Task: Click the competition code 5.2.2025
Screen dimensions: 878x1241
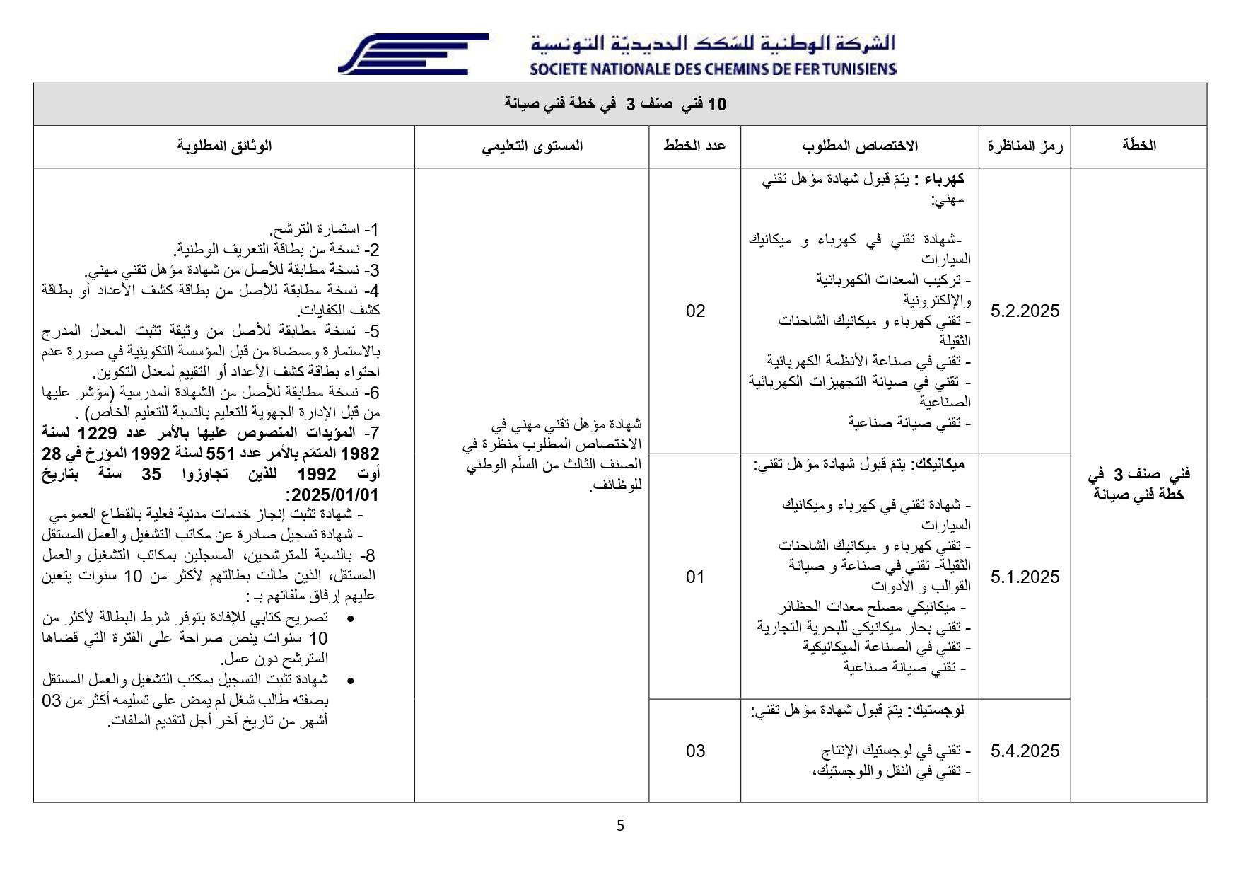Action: click(1025, 311)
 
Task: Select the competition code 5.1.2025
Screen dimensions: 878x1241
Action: click(1025, 577)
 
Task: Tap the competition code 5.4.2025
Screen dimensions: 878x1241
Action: click(1025, 751)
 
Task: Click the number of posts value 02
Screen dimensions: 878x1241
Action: click(695, 311)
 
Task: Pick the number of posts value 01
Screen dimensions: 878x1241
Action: click(695, 577)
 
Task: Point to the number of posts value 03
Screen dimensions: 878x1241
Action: click(695, 751)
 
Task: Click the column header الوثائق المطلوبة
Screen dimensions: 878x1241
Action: click(224, 146)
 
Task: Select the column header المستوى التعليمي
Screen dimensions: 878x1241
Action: click(532, 146)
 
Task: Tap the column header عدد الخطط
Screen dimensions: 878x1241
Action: click(694, 146)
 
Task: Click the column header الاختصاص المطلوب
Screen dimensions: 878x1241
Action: click(860, 146)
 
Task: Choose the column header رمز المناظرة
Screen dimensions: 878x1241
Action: click(1025, 146)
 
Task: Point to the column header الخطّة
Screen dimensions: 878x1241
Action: click(1138, 146)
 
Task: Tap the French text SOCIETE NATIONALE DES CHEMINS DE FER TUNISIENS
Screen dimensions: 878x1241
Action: click(712, 69)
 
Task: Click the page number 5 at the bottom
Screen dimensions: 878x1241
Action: click(620, 826)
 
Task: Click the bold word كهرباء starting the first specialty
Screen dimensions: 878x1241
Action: click(945, 180)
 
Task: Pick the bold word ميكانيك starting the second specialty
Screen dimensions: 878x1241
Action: click(938, 464)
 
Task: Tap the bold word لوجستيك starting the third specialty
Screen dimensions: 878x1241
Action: click(938, 710)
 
